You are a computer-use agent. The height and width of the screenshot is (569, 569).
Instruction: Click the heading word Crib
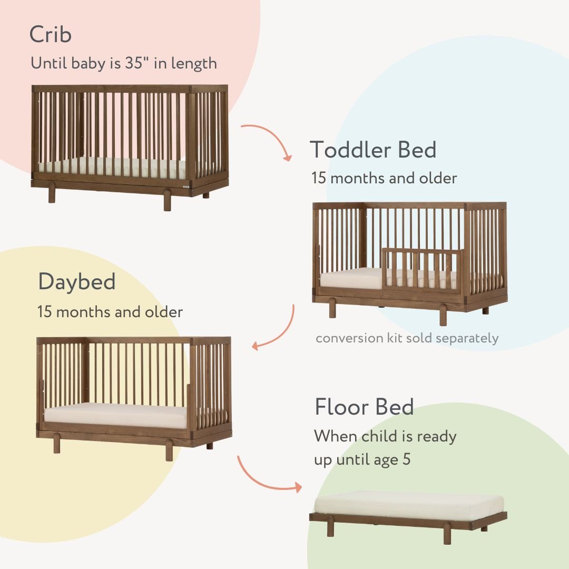coord(51,35)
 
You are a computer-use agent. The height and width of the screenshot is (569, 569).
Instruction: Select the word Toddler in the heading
coord(350,150)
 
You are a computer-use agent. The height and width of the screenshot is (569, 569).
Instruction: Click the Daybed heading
coord(76,282)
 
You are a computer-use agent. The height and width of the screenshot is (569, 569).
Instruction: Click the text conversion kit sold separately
coord(407,338)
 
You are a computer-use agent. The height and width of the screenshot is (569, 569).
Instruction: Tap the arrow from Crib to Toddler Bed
coord(269,138)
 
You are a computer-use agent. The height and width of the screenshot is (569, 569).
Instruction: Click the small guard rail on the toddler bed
coord(421,269)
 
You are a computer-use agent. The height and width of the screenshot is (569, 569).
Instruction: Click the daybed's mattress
coord(115,415)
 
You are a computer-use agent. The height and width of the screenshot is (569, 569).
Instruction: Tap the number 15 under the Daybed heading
coord(44,312)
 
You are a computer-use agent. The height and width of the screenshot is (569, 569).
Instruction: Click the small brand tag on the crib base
coord(185,185)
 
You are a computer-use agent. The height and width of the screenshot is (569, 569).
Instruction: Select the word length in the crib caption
coord(194,64)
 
